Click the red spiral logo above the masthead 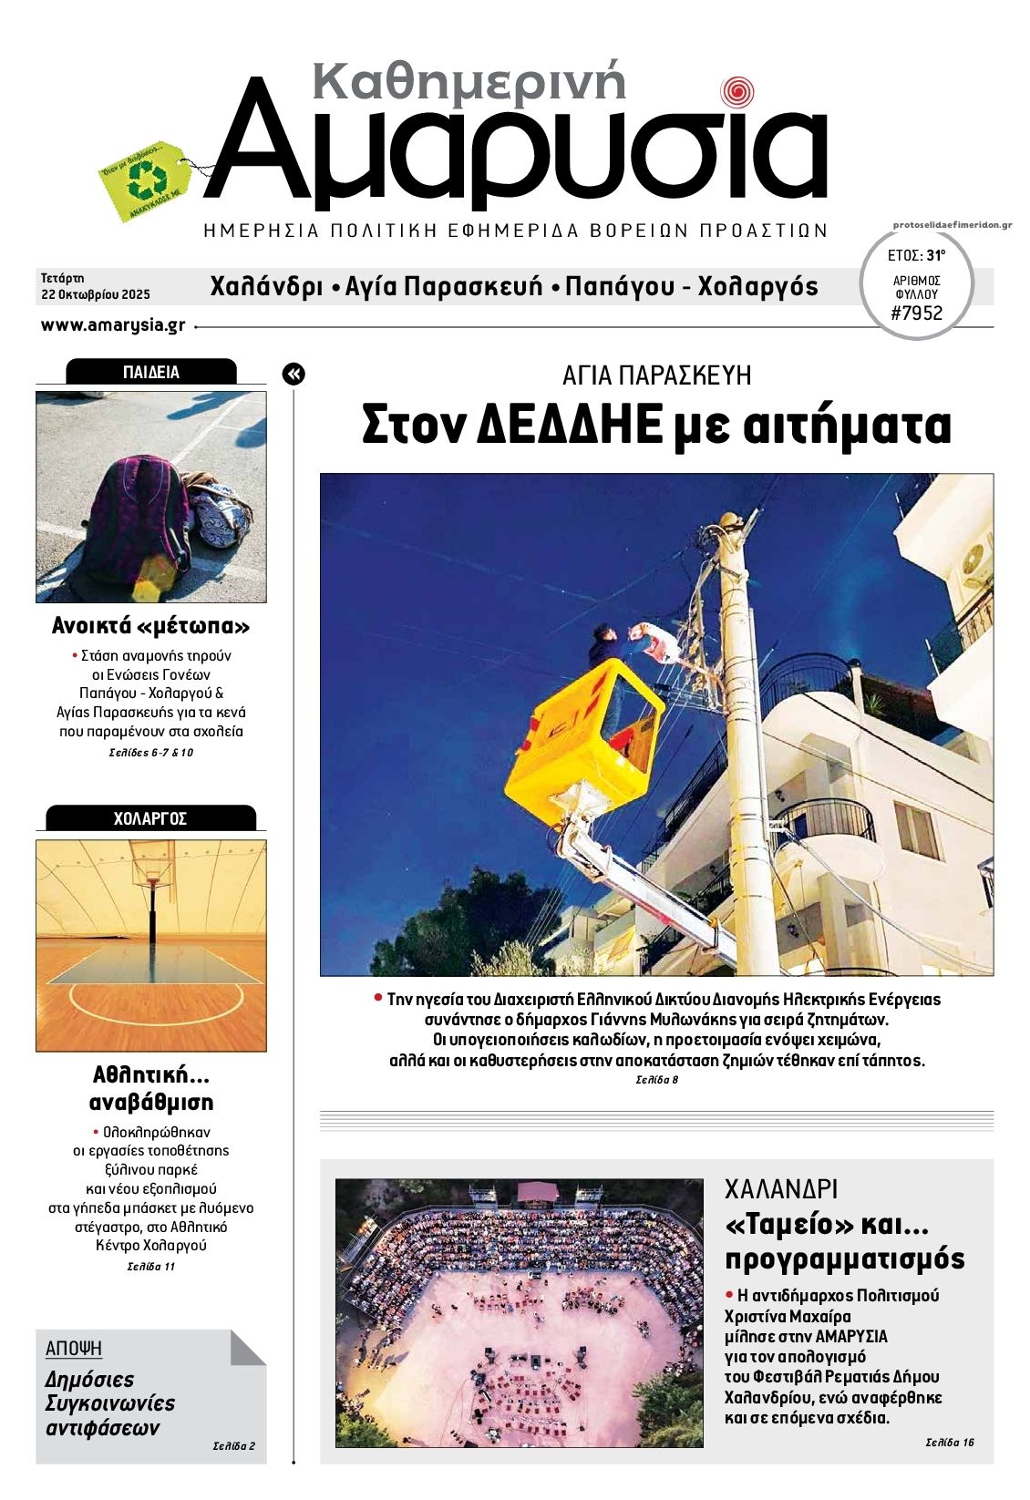(736, 92)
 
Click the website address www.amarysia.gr (113, 325)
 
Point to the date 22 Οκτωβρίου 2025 (95, 294)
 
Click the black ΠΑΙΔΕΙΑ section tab (150, 372)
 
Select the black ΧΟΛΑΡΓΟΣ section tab (150, 818)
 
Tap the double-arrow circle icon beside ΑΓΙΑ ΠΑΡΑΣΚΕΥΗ (294, 374)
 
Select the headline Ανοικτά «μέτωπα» (150, 626)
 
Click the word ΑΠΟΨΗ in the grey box (74, 1348)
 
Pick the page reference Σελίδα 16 (949, 1442)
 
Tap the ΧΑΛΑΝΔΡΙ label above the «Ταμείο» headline (780, 1189)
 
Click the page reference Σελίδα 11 (150, 1267)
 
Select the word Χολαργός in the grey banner (757, 287)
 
